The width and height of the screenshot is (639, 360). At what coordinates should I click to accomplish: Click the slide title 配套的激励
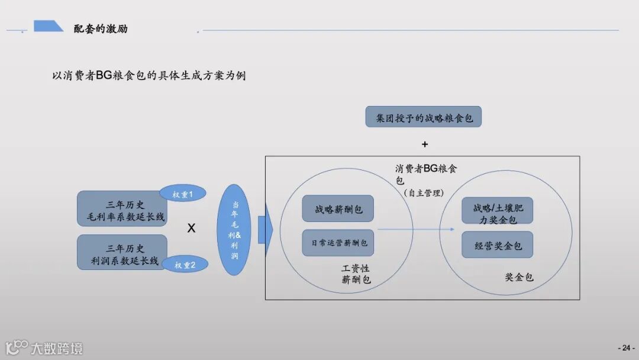pyautogui.click(x=101, y=28)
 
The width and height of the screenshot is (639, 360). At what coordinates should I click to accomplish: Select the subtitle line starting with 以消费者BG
pyautogui.click(x=149, y=76)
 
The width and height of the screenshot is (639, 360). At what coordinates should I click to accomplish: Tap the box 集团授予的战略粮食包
pyautogui.click(x=424, y=117)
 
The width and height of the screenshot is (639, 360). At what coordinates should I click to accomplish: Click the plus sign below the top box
pyautogui.click(x=425, y=144)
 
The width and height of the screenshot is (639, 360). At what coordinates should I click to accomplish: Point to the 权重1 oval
pyautogui.click(x=183, y=194)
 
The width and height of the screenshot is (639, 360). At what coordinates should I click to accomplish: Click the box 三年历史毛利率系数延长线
pyautogui.click(x=122, y=208)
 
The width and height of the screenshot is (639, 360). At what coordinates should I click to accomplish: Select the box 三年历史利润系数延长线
pyautogui.click(x=122, y=253)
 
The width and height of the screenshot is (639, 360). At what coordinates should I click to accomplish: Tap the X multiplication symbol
pyautogui.click(x=191, y=229)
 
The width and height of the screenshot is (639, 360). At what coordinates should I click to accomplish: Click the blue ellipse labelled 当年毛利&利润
pyautogui.click(x=235, y=230)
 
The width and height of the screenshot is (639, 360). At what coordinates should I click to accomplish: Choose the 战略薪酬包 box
pyautogui.click(x=338, y=208)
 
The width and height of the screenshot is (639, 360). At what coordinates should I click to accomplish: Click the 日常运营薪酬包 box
pyautogui.click(x=338, y=243)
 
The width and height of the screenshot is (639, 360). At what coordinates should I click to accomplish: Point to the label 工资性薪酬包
pyautogui.click(x=356, y=274)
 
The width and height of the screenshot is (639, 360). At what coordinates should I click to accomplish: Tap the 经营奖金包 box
pyautogui.click(x=497, y=245)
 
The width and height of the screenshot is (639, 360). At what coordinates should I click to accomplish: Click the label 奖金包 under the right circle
pyautogui.click(x=519, y=277)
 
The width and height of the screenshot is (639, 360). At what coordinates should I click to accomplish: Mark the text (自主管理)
pyautogui.click(x=424, y=193)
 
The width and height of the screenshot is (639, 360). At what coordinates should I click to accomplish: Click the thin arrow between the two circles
pyautogui.click(x=417, y=229)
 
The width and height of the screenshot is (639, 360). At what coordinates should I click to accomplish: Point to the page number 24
pyautogui.click(x=626, y=348)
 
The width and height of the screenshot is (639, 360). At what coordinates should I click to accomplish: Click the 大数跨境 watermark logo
pyautogui.click(x=45, y=348)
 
